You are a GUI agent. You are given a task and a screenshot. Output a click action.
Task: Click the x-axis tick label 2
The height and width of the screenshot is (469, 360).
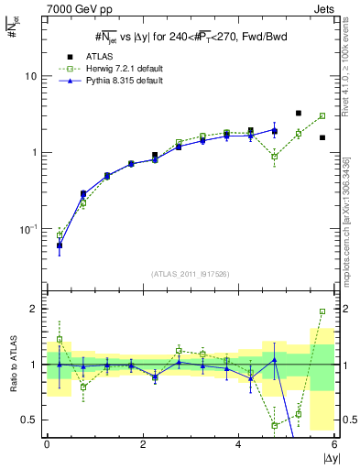143,444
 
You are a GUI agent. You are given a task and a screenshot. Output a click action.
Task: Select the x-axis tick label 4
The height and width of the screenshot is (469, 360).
238,444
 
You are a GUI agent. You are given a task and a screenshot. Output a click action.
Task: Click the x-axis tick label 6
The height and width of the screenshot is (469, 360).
333,444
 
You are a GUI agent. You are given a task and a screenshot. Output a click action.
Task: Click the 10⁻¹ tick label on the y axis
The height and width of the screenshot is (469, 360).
27,228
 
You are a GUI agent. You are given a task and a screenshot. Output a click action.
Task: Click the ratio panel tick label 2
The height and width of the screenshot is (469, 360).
33,309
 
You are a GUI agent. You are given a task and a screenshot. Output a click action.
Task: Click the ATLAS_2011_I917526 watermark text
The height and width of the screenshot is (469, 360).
190,275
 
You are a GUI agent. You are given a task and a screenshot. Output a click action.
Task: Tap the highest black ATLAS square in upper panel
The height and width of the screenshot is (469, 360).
299,114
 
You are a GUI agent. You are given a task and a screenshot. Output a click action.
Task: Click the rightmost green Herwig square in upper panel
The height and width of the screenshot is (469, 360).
322,116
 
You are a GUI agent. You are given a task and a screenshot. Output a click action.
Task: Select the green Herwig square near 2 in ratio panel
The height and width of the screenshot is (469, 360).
322,311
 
